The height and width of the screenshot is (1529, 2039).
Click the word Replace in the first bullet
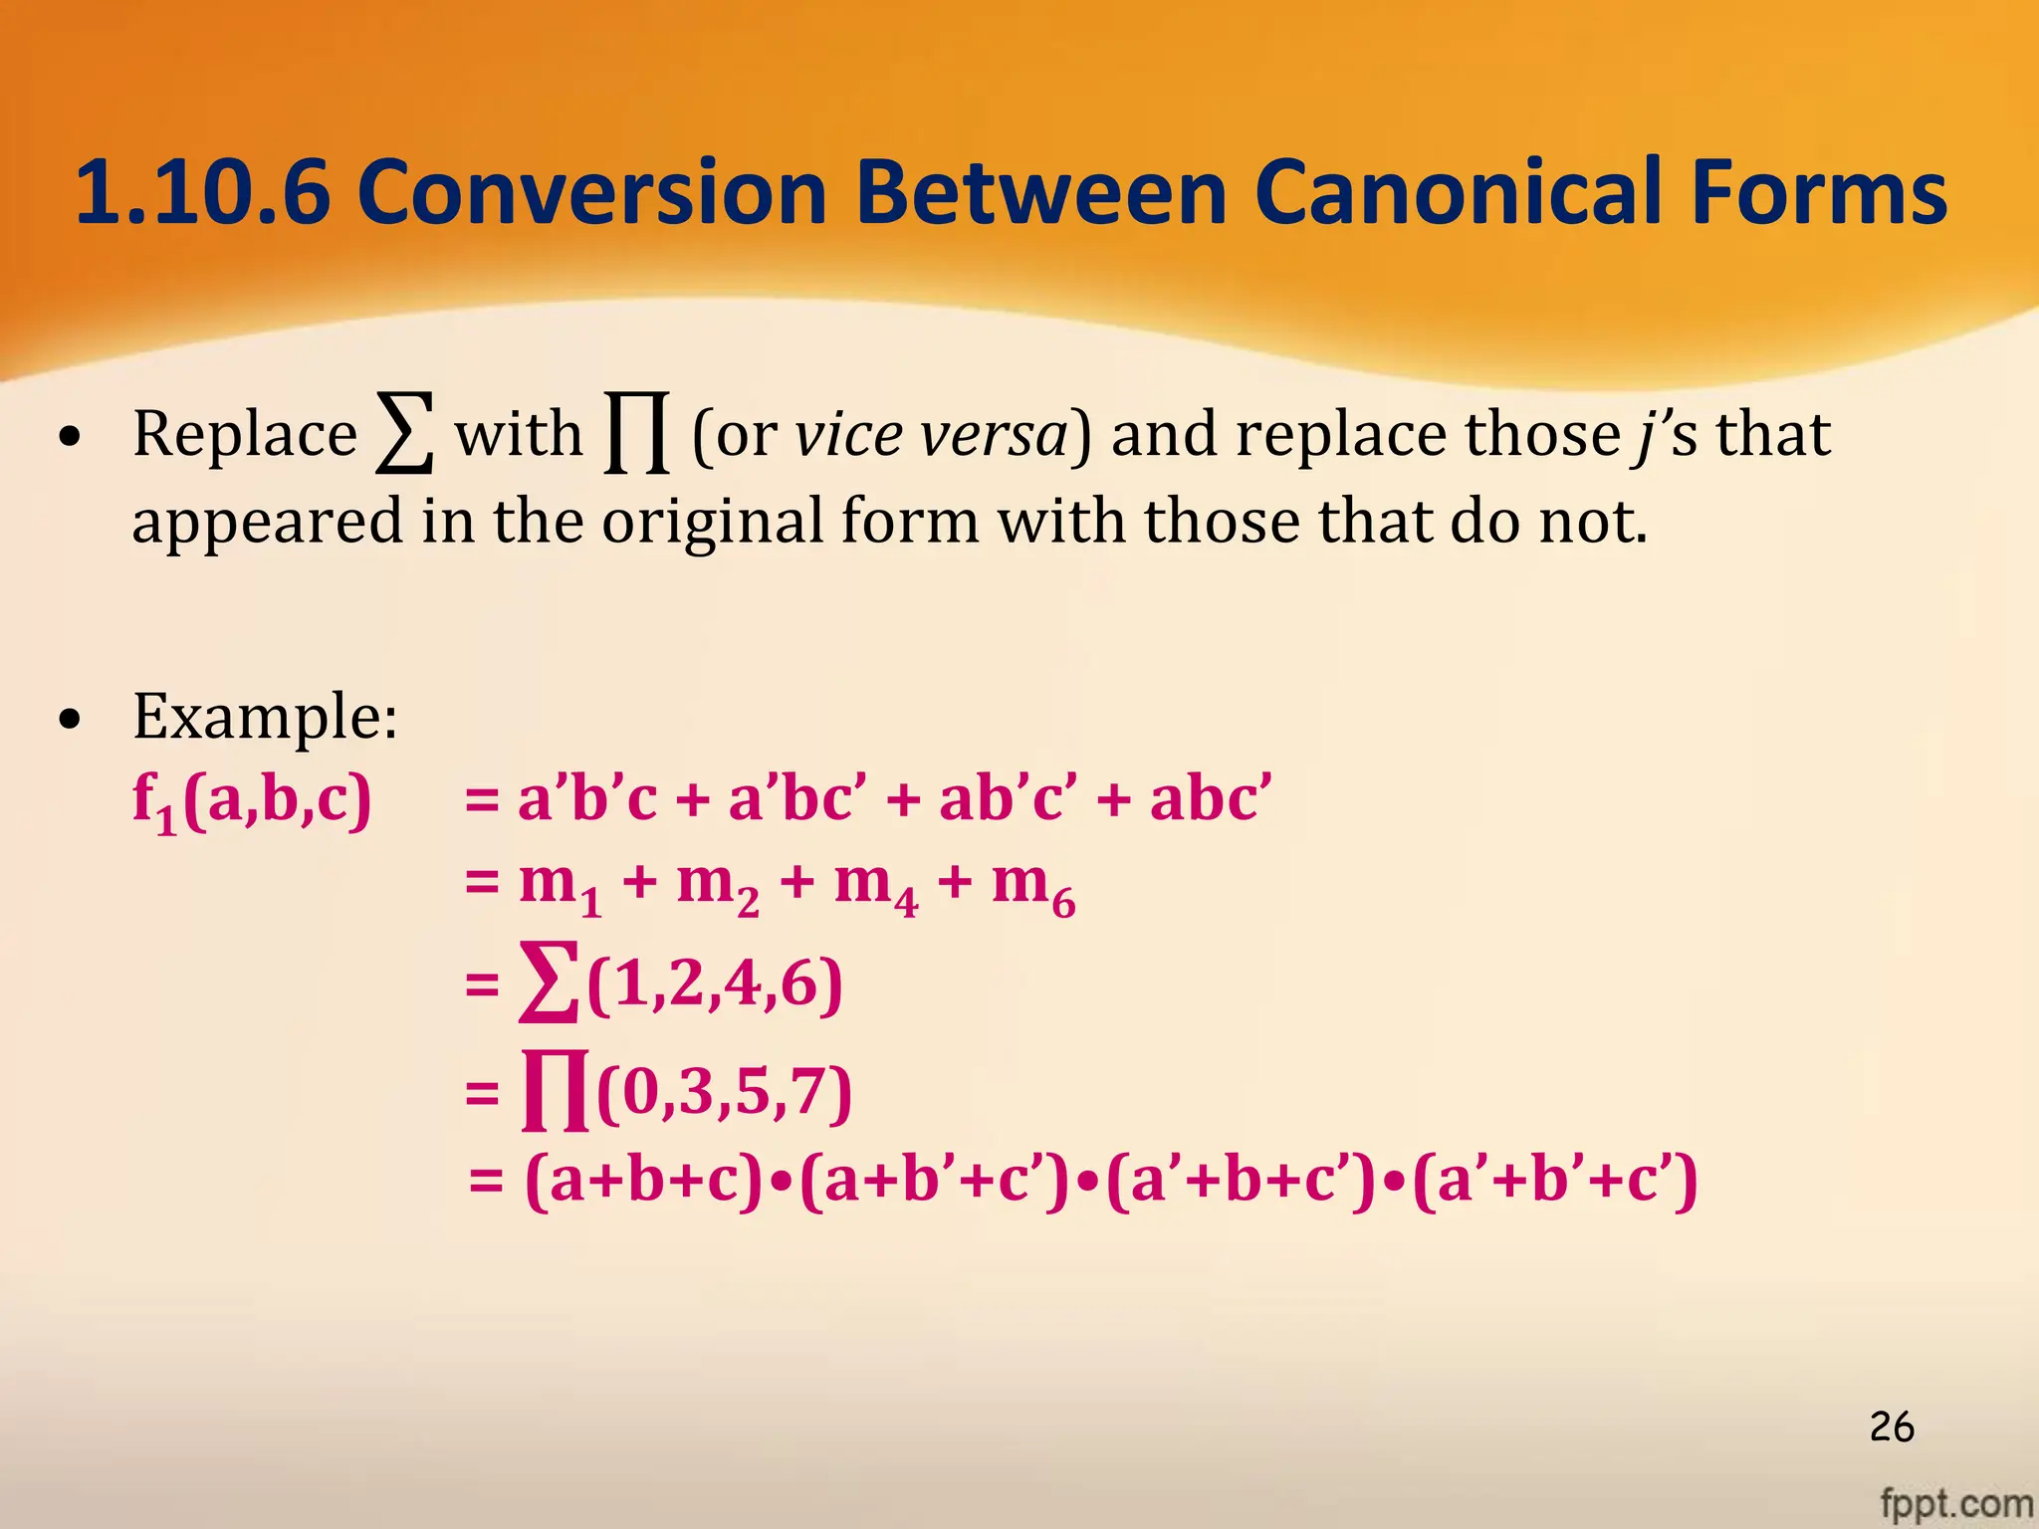click(x=244, y=434)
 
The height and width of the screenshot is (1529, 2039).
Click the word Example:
click(x=265, y=716)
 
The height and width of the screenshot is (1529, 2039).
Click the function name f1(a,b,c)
click(x=252, y=800)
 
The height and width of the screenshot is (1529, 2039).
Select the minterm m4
click(x=876, y=885)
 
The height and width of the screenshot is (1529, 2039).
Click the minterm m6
click(x=1033, y=885)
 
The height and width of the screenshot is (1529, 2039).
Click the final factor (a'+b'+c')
click(x=1554, y=1181)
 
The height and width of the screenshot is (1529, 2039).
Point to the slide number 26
click(x=1891, y=1426)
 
